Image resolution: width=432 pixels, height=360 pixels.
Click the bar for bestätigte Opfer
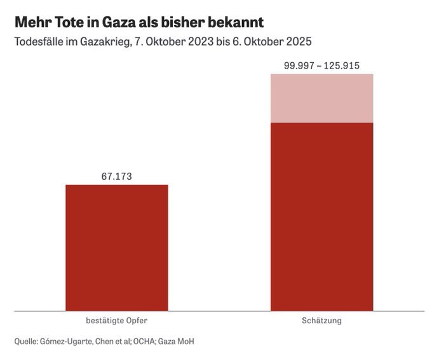coord(117,248)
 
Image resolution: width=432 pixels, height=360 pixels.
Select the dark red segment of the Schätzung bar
coord(321,216)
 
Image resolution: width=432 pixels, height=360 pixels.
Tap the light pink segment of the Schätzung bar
coord(321,98)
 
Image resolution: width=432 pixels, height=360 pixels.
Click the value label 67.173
coord(117,177)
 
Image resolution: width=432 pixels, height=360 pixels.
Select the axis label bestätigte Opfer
coord(117,321)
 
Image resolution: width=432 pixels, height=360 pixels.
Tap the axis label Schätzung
coord(321,321)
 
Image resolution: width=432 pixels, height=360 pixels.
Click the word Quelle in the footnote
coord(26,342)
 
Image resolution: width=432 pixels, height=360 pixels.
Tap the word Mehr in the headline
coord(31,23)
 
